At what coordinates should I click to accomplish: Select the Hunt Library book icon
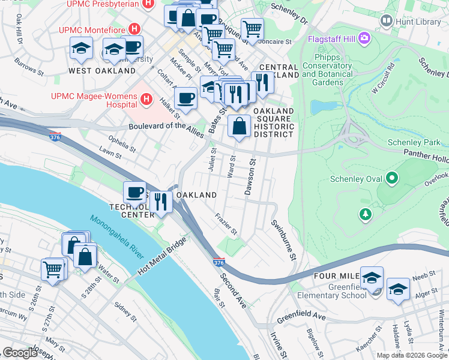(x=386, y=21)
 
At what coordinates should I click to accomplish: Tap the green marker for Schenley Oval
(x=392, y=178)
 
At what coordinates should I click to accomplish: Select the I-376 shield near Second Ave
(x=219, y=263)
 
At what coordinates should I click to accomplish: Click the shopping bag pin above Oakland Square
(x=240, y=127)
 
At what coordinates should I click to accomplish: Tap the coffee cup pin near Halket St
(x=186, y=98)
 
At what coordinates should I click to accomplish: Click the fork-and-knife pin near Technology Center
(x=160, y=201)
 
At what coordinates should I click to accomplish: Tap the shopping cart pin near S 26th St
(x=53, y=269)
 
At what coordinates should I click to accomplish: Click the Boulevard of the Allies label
(x=167, y=127)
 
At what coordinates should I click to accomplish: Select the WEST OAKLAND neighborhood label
(x=102, y=71)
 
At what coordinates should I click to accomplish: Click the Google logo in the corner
(x=20, y=352)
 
